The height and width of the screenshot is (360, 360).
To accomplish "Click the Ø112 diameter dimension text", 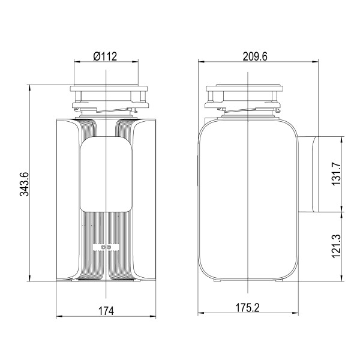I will pyautogui.click(x=105, y=56).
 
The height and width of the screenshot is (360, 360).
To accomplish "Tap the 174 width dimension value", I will pyautogui.click(x=106, y=310).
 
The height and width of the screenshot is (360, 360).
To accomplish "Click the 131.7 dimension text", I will pyautogui.click(x=337, y=175).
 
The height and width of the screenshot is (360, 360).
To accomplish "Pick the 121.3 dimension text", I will pyautogui.click(x=337, y=246).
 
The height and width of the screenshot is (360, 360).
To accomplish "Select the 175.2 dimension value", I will pyautogui.click(x=247, y=307).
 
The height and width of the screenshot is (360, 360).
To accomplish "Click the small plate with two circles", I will pyautogui.click(x=106, y=247).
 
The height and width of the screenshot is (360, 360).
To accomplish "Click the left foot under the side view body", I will pyautogui.click(x=215, y=280).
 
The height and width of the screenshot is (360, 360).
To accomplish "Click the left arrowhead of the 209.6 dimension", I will pyautogui.click(x=200, y=61).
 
